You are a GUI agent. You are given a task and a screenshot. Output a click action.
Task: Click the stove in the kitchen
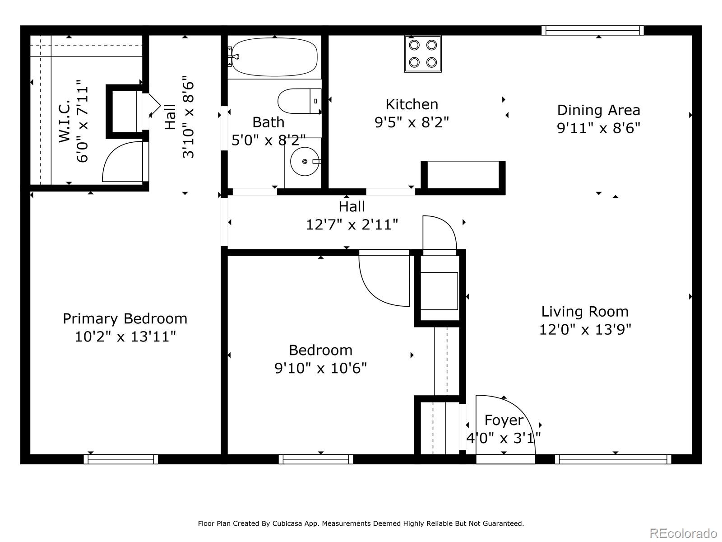(423, 54)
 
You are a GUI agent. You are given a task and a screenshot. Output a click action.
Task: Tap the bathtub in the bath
(273, 57)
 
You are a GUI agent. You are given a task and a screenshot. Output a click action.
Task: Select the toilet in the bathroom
(299, 101)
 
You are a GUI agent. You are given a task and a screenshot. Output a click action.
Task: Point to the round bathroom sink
(305, 161)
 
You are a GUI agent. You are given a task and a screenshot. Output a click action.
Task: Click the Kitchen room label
(412, 104)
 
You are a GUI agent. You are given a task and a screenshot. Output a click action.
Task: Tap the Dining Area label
(599, 110)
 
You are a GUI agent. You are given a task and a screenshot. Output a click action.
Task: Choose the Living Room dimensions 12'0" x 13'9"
(585, 329)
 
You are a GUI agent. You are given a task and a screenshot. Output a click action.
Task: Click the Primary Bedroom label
(125, 318)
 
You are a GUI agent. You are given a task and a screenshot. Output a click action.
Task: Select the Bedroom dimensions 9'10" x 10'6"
(320, 368)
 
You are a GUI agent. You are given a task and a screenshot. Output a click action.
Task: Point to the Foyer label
(504, 420)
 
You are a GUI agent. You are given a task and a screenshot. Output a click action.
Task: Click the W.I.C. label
(65, 121)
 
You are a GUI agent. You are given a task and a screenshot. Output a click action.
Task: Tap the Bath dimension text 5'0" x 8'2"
(269, 140)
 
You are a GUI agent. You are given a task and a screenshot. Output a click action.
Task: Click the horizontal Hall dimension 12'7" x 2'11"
(352, 225)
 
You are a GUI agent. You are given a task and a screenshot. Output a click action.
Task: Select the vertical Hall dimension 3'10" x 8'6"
(189, 117)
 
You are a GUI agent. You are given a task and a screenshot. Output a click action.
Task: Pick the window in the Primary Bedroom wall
(121, 459)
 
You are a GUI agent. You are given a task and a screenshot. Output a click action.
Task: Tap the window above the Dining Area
(592, 30)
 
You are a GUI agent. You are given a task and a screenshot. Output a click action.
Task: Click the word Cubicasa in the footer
(286, 523)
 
